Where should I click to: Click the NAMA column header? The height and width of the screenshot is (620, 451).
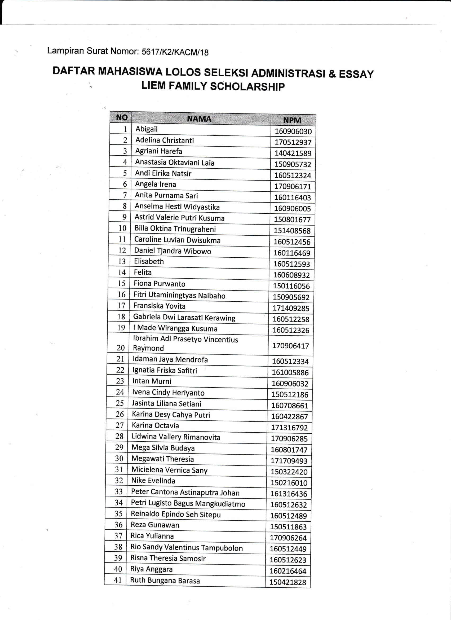click(199, 119)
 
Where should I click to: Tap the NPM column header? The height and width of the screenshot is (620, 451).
click(292, 120)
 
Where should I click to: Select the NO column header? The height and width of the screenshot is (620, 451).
click(122, 117)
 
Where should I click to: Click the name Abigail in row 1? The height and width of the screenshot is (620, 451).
click(147, 129)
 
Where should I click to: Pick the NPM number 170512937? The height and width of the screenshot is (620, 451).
click(293, 142)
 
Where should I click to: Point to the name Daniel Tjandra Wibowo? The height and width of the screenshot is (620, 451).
click(173, 251)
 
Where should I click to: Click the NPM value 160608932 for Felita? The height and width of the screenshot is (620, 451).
click(292, 275)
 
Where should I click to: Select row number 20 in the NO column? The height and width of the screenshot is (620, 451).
click(121, 348)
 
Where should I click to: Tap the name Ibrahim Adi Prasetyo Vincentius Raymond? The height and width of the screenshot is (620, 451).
click(185, 343)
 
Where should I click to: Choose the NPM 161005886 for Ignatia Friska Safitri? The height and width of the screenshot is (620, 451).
click(290, 372)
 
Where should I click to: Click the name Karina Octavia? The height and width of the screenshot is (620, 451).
click(155, 425)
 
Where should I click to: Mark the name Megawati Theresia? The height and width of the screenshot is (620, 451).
click(163, 459)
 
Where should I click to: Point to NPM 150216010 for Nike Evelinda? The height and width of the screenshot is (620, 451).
click(289, 483)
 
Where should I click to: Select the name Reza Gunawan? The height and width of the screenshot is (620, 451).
click(155, 525)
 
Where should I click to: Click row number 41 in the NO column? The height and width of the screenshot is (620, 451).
click(118, 580)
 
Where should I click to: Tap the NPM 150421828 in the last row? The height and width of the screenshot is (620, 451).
click(288, 582)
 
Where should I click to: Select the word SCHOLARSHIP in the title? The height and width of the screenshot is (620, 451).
click(247, 87)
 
